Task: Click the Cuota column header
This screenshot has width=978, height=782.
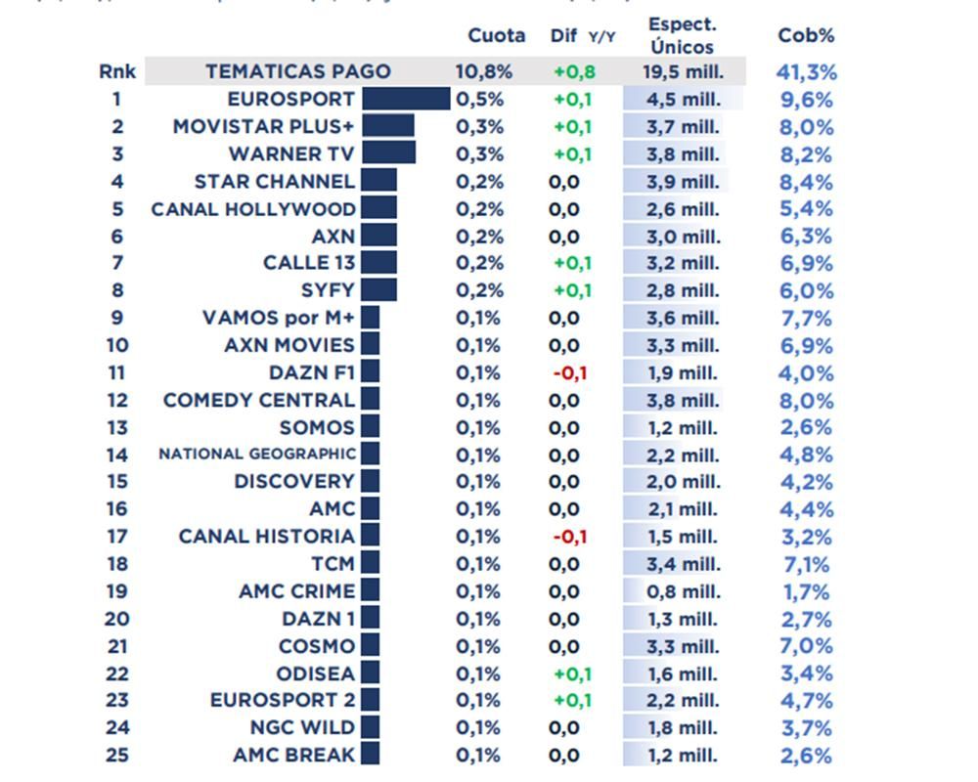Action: (x=496, y=35)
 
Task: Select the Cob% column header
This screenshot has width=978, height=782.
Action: (x=806, y=35)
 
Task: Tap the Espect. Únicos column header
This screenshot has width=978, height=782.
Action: (x=683, y=35)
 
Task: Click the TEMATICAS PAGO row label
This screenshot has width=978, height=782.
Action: (x=297, y=71)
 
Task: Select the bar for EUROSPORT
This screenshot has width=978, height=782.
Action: (x=406, y=99)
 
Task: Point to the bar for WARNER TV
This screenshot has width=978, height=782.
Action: (x=388, y=153)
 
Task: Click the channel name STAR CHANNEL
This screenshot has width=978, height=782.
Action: (x=274, y=181)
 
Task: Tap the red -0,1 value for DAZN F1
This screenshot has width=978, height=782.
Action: (x=569, y=372)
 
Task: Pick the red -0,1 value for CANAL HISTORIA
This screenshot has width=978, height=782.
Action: (x=569, y=537)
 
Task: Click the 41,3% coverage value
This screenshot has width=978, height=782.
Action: (x=806, y=71)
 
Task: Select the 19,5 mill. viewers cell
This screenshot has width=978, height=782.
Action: (x=683, y=71)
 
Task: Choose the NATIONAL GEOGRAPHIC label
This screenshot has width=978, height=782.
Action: (x=257, y=454)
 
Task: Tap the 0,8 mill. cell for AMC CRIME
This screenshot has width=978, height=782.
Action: (x=683, y=591)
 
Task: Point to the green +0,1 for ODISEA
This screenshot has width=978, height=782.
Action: (x=573, y=673)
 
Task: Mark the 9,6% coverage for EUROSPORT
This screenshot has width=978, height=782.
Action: (x=806, y=99)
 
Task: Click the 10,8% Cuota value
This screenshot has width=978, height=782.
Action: (x=483, y=71)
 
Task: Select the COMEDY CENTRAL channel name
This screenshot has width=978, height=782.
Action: (x=259, y=400)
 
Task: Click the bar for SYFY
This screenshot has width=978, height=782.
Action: (x=378, y=290)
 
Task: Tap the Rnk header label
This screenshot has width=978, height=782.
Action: (x=116, y=71)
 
